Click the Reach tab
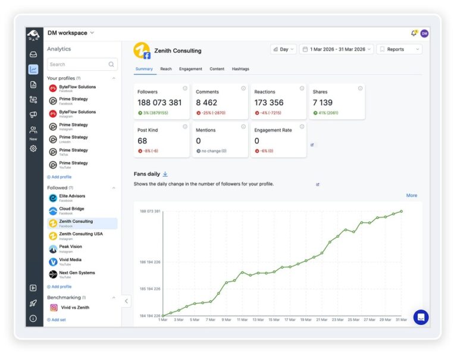pos(166,69)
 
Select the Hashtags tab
pos(240,69)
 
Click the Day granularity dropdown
pos(283,49)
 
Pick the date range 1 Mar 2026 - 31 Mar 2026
pos(336,49)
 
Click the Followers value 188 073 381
pos(159,103)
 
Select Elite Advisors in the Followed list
pos(72,196)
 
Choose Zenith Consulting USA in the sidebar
pos(80,234)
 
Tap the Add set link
pos(58,320)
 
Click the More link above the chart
pos(411,195)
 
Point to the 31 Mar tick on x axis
pos(401,320)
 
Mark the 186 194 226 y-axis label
pos(150,262)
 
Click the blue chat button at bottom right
pos(421,317)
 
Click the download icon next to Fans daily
pos(165,174)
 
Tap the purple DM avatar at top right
pos(424,33)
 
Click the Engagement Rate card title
pos(273,130)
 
